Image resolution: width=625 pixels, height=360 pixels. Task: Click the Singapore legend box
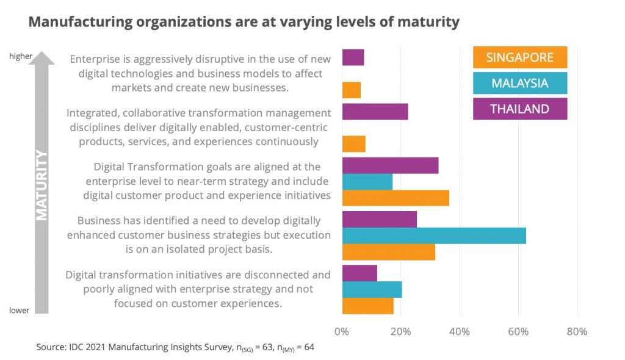(x=520, y=57)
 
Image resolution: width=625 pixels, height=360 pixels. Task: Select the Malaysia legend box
(x=520, y=84)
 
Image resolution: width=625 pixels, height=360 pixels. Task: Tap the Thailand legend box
(x=520, y=109)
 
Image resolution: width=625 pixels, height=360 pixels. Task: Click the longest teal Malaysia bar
(x=434, y=236)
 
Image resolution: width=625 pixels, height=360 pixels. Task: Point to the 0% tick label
(x=342, y=332)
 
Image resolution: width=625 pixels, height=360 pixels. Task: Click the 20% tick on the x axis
(x=400, y=332)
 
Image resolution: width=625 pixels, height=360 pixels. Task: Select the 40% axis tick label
(x=459, y=332)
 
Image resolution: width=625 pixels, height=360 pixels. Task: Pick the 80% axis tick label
(x=577, y=332)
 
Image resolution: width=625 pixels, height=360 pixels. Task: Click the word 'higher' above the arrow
(x=20, y=57)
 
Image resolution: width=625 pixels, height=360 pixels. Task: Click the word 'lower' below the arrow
(x=20, y=311)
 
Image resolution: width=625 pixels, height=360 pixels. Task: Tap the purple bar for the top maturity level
(x=353, y=57)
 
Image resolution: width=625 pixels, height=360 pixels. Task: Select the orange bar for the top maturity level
(x=352, y=90)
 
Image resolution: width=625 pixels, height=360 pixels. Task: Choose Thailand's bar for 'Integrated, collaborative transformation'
(x=375, y=112)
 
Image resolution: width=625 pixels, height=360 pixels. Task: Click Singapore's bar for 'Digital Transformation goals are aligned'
(x=396, y=198)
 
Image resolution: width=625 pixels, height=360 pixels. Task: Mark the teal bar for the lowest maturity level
(x=372, y=289)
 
